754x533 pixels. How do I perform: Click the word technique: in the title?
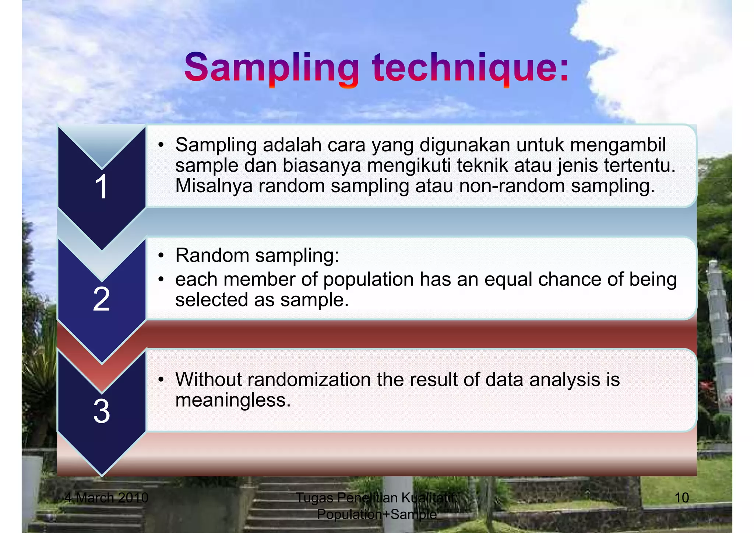471,68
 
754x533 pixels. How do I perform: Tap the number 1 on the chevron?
101,187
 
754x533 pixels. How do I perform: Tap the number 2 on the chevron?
101,299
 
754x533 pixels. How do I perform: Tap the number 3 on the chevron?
101,411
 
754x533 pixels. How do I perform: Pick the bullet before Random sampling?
161,255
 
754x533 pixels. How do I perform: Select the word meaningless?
233,400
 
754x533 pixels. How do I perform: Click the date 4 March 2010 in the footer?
106,498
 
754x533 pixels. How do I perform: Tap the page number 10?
681,498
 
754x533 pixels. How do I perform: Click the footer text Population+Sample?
377,514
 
